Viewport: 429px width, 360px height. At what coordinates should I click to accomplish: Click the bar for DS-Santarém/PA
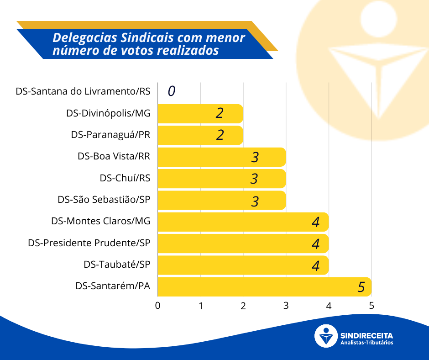coord(264,287)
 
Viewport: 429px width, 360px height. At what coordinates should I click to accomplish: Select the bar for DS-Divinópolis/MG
coord(200,113)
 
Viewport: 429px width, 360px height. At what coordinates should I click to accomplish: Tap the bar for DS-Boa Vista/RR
coord(222,157)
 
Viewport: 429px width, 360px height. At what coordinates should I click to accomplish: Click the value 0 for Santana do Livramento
coord(171,91)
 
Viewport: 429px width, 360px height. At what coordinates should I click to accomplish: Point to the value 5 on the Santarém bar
coord(361,287)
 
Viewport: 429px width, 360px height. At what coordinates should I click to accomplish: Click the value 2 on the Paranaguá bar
coord(220,135)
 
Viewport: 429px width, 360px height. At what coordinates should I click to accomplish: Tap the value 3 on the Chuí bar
coord(254,179)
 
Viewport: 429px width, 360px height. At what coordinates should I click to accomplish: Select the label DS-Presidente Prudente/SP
coord(89,243)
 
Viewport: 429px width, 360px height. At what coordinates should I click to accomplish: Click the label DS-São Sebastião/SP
coord(104,200)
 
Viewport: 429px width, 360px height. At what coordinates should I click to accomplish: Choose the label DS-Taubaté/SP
coord(117,265)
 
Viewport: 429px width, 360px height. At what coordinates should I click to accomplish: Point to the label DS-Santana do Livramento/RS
coord(83,91)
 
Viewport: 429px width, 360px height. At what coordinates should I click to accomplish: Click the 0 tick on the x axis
coord(158,306)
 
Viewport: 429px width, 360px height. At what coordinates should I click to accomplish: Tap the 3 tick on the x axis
coord(286,306)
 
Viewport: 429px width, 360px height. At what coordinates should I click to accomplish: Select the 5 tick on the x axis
coord(371,306)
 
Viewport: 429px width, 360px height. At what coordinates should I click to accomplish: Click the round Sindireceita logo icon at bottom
coord(326,336)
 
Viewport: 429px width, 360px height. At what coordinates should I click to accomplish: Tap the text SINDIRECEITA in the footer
coord(366,334)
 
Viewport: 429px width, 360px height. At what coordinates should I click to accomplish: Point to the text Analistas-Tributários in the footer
coord(366,343)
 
